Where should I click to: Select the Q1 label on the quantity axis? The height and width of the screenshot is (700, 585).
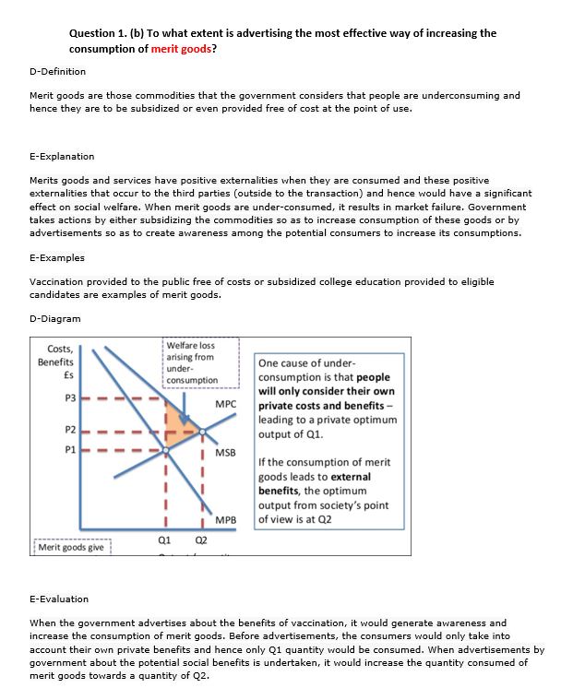(x=165, y=540)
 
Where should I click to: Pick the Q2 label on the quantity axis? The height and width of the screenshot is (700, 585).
(x=201, y=540)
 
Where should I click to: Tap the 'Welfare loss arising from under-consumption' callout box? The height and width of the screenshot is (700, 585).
(x=192, y=362)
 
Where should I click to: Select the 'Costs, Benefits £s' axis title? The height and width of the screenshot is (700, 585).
(x=56, y=362)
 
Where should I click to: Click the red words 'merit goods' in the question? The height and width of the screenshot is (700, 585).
(x=181, y=48)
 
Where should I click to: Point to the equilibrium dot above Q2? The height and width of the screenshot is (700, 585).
(x=202, y=431)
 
